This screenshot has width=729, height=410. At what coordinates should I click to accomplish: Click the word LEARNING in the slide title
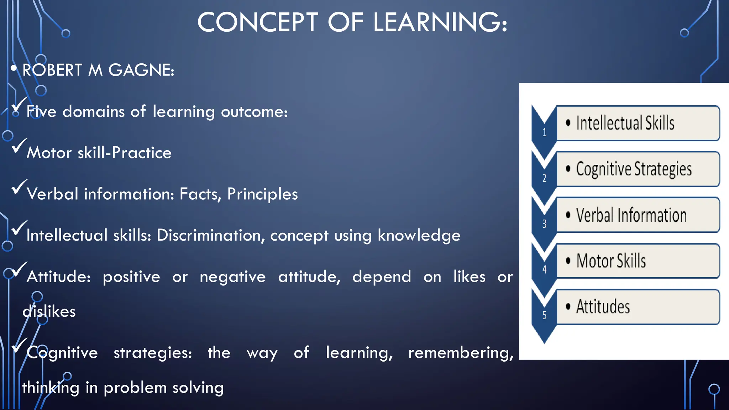point(440,22)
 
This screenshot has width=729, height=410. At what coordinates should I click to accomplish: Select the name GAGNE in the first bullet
point(141,70)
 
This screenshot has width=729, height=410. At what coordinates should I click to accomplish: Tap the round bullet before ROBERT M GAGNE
point(14,68)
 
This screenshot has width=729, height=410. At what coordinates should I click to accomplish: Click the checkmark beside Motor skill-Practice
point(19,146)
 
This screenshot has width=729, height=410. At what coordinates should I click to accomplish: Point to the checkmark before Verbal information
point(19,187)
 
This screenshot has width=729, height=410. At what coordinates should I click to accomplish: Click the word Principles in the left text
point(262,194)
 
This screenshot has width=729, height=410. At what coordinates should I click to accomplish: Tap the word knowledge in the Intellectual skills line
point(419,235)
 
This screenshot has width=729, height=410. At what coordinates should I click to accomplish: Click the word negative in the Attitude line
point(232,277)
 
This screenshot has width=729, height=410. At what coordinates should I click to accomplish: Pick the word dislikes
point(49,311)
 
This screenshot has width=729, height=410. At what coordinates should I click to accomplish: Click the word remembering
point(461,353)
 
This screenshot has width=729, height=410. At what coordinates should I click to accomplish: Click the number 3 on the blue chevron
point(544,224)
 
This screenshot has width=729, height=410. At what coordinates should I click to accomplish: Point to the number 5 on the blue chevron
point(544,315)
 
